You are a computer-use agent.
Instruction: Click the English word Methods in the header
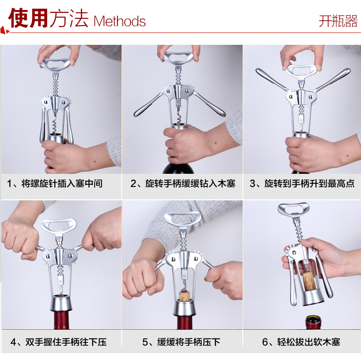point(119,21)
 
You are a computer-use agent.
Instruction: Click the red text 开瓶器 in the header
point(338,21)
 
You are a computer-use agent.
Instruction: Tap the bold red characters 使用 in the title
point(28,18)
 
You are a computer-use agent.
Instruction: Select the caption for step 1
point(54,184)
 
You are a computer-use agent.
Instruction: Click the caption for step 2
point(183,184)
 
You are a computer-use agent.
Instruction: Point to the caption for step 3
point(302,184)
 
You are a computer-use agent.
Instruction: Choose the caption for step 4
point(58,342)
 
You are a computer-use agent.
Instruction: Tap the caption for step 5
point(181,342)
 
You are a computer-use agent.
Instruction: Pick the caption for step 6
point(301,342)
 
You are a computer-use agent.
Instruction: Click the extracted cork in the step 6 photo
point(308,281)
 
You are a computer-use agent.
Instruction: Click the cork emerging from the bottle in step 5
point(185,296)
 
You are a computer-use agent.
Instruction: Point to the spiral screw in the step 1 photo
point(55,124)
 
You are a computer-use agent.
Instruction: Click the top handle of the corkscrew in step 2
point(178,58)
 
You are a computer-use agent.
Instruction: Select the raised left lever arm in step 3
point(272,80)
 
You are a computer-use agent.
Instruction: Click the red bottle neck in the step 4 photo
point(61,319)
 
